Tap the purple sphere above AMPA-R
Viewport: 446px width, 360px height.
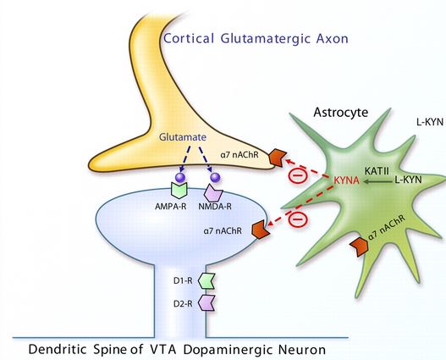pos(179,178)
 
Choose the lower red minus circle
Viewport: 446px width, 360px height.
pos(297,219)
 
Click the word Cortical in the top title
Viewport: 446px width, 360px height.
pos(191,38)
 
